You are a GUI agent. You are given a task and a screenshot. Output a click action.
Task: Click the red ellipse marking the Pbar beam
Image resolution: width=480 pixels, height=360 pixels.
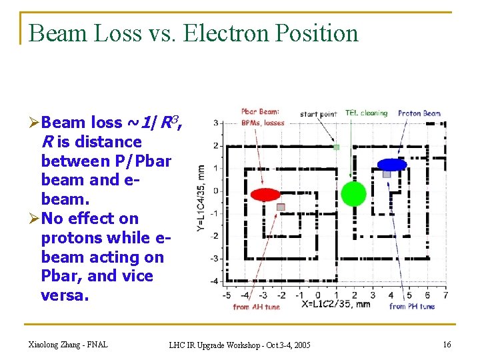pos(265,194)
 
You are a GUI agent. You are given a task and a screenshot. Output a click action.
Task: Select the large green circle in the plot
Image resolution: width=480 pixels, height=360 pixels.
pos(353,193)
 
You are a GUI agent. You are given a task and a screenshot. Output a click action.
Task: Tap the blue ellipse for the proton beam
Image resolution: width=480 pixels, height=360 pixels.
pos(391,164)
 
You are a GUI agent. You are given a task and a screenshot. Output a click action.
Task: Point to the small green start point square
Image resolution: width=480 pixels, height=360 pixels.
pos(337,147)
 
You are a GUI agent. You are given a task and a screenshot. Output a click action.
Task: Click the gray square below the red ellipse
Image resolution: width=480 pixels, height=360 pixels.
pos(281,207)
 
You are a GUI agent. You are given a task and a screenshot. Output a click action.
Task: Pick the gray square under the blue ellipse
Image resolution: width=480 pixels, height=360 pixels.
pos(387,174)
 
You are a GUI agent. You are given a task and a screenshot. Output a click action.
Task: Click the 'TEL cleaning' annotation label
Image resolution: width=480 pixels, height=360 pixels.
pos(366,113)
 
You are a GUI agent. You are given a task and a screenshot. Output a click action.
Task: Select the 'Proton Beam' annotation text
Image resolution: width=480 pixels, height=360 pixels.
pos(419,113)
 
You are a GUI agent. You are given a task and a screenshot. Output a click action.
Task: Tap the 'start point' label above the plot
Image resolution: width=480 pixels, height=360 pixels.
pos(318,114)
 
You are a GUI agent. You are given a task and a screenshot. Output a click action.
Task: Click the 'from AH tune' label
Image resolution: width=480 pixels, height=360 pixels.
pos(257,307)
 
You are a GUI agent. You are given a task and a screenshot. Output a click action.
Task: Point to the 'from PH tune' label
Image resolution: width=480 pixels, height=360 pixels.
pos(411,307)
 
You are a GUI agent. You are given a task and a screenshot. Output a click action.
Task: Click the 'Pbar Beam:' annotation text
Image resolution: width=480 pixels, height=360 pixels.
pos(261,112)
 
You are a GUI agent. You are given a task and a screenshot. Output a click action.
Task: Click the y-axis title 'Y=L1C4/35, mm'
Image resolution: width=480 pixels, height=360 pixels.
pos(201,198)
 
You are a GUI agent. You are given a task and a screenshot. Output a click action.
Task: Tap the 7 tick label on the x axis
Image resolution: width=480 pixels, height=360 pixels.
pos(445,295)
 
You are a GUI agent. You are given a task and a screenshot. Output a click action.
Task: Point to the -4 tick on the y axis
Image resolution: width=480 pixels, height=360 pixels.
pos(215,281)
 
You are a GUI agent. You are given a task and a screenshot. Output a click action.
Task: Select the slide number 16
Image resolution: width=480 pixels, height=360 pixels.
pos(446,344)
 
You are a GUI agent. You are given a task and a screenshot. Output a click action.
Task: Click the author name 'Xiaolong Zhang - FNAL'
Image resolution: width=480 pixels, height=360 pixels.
pos(68,344)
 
